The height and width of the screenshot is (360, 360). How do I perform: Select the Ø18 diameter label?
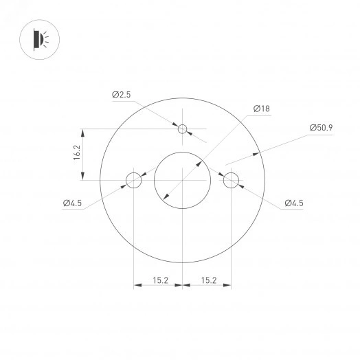coord(260,109)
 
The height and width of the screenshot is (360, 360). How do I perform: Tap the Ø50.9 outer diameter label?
coord(321,128)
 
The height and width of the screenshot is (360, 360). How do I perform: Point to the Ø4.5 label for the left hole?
coord(72,203)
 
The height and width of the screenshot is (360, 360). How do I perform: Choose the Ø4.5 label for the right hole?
coord(293,203)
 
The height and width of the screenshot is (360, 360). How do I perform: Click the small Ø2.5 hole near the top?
coord(182,128)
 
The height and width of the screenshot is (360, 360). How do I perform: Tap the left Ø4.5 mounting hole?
coord(133,181)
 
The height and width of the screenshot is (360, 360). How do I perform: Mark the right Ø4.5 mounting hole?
coord(230,181)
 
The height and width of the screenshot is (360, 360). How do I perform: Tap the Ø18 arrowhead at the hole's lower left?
coord(165,199)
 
